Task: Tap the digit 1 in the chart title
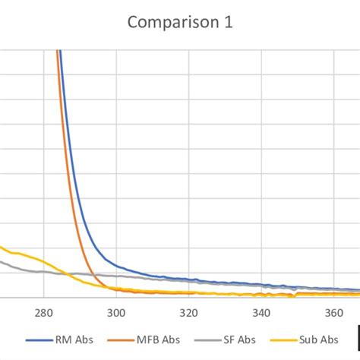227,23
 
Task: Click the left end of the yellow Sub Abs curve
2,248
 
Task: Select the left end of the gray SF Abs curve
2,262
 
